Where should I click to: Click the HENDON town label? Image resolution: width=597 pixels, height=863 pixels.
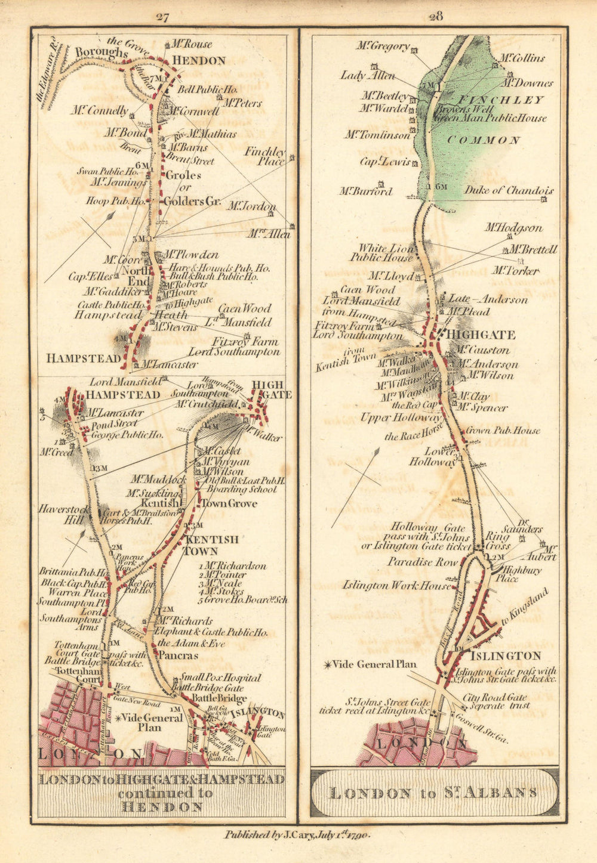pyautogui.click(x=199, y=61)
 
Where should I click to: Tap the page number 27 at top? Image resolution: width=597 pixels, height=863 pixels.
pyautogui.click(x=162, y=17)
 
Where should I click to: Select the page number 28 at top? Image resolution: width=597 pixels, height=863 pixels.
pyautogui.click(x=435, y=17)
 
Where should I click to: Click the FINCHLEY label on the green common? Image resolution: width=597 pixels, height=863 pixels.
pyautogui.click(x=500, y=100)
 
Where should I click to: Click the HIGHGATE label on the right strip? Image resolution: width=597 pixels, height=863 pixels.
pyautogui.click(x=481, y=335)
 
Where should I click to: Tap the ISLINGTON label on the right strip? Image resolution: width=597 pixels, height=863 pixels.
pyautogui.click(x=505, y=656)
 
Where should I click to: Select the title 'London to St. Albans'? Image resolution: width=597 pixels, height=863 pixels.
pyautogui.click(x=433, y=793)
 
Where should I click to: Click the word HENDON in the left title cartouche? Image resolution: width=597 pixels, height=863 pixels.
pyautogui.click(x=161, y=807)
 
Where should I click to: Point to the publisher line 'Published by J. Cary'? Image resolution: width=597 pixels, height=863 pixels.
pyautogui.click(x=297, y=835)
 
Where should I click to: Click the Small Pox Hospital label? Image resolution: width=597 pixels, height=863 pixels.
pyautogui.click(x=221, y=678)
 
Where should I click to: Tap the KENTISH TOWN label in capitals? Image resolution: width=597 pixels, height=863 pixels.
pyautogui.click(x=212, y=545)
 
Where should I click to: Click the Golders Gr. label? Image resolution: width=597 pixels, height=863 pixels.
pyautogui.click(x=192, y=202)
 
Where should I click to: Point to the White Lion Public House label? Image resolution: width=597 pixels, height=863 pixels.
pyautogui.click(x=385, y=252)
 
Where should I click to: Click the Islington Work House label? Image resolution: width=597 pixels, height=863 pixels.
pyautogui.click(x=396, y=586)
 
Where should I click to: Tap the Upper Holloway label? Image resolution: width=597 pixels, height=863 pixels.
pyautogui.click(x=400, y=417)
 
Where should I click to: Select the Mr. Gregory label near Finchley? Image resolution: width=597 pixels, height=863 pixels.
pyautogui.click(x=383, y=46)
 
